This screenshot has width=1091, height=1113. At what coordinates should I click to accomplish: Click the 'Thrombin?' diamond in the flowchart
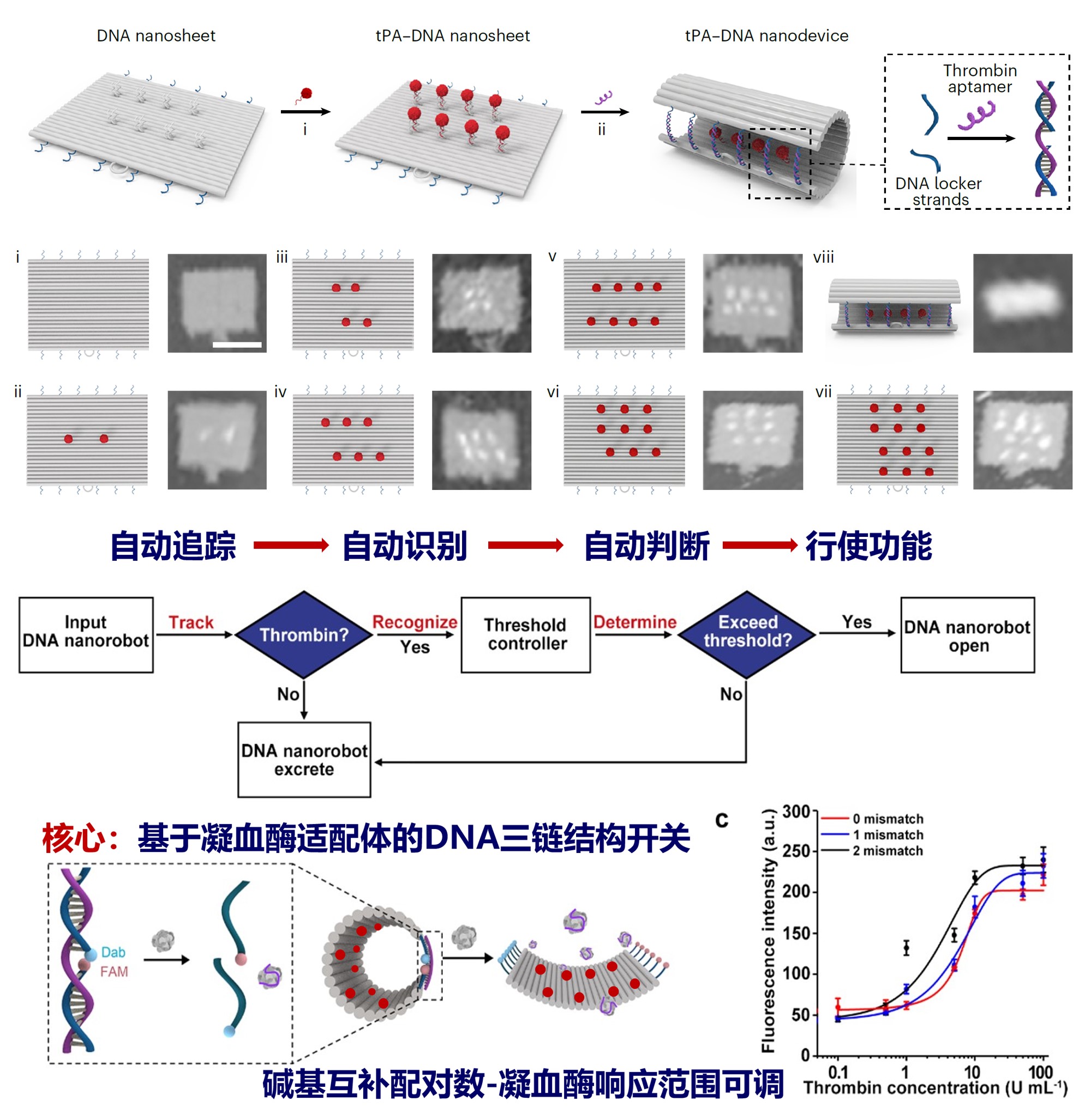point(304,634)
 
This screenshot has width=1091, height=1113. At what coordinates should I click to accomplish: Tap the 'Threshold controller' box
point(525,634)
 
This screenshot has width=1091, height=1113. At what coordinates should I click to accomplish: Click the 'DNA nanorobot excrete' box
point(304,759)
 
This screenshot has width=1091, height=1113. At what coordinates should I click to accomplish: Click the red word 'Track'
point(191,622)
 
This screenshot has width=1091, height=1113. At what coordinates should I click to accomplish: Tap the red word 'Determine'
point(634,622)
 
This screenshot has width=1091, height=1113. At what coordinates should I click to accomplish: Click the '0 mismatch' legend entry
point(888,819)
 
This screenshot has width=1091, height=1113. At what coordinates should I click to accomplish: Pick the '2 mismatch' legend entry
point(888,851)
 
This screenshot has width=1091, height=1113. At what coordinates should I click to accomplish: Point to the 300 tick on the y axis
point(796,812)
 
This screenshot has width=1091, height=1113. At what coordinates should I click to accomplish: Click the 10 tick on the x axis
point(973,1072)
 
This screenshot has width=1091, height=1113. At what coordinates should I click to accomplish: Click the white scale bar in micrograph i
point(237,344)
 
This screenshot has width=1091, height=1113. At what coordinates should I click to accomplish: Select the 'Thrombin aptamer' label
point(980,78)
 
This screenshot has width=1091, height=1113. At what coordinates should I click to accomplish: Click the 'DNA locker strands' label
point(939,191)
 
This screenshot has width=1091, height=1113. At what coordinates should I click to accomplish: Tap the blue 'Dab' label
point(113,952)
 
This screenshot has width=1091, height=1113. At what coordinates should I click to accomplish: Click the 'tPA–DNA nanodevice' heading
point(766,35)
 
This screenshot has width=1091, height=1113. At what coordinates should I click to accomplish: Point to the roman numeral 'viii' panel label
point(823,257)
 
